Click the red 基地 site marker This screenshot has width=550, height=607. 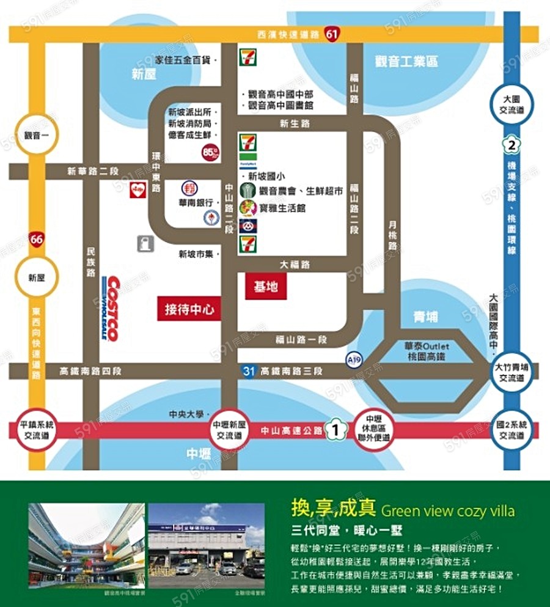(x=266, y=285)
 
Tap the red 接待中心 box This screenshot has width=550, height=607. (x=189, y=309)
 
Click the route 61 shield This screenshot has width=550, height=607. (x=332, y=34)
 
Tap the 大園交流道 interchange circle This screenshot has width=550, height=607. (x=511, y=103)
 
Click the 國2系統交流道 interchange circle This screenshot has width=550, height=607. (x=511, y=431)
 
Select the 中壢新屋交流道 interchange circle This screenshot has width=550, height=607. (x=229, y=431)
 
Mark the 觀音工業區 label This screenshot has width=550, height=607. (x=406, y=61)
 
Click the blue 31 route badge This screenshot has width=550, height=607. (x=248, y=370)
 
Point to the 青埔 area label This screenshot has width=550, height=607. (x=425, y=317)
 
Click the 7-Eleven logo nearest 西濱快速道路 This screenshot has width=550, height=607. (x=248, y=56)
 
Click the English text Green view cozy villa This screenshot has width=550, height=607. (x=447, y=510)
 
